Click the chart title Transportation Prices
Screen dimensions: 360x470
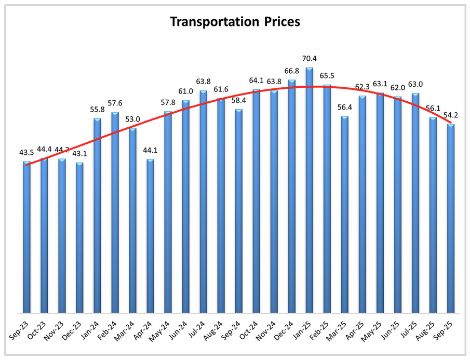(x=235, y=22)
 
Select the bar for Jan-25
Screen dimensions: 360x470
(x=310, y=192)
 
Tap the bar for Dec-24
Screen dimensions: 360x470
(x=292, y=197)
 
